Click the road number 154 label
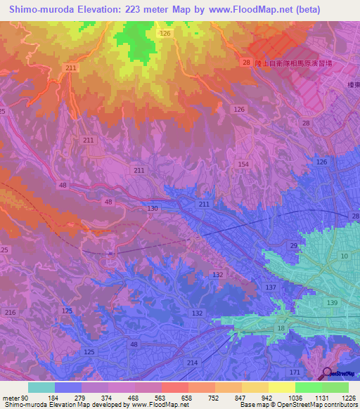pos(243,164)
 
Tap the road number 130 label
pos(153,209)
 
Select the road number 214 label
pos(192,361)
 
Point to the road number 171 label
pos(295,371)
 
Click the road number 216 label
pos(10,311)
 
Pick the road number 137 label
pos(271,287)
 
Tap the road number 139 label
pos(332,301)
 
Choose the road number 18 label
pos(281,328)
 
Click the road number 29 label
pos(293,245)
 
